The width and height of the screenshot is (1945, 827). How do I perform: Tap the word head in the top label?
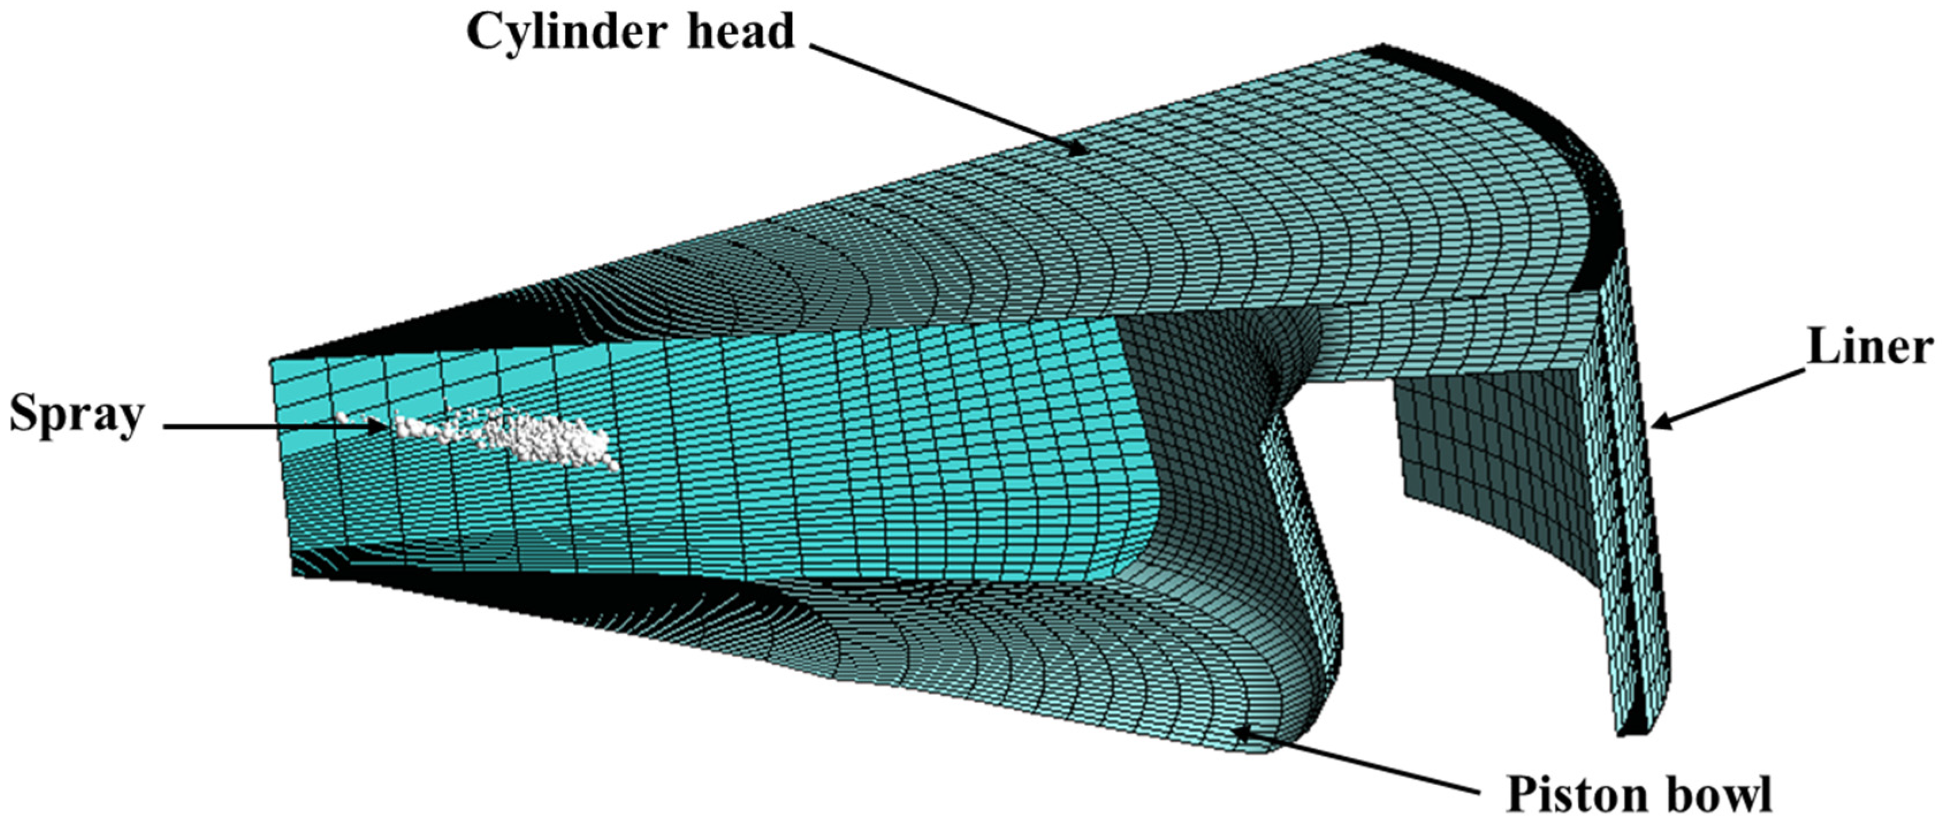741,31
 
